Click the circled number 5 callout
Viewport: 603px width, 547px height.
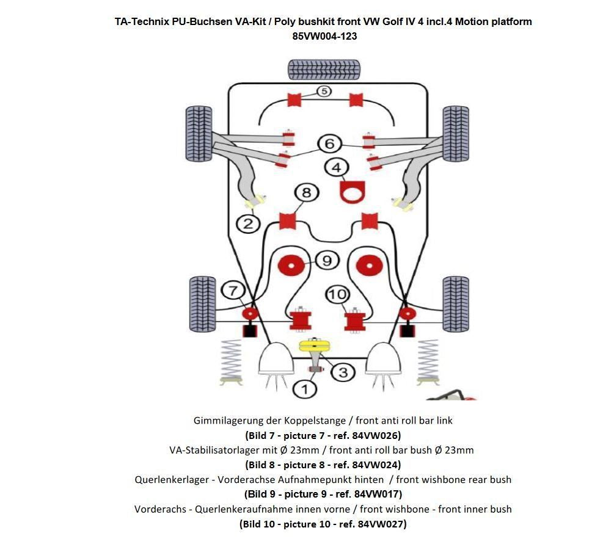(x=323, y=92)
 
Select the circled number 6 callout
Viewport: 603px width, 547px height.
(x=329, y=143)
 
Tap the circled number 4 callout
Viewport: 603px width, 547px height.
(x=337, y=167)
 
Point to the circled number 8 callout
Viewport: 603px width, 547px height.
(x=306, y=193)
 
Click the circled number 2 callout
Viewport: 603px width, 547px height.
(x=248, y=224)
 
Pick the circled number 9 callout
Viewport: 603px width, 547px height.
(x=327, y=261)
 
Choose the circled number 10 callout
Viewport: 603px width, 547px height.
(x=337, y=295)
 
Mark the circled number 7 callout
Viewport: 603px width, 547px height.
(x=233, y=291)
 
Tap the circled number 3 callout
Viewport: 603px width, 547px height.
(x=343, y=372)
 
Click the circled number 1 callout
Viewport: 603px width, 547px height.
(x=305, y=388)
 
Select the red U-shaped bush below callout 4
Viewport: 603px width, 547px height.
(x=351, y=192)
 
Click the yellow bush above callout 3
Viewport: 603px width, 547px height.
(x=315, y=346)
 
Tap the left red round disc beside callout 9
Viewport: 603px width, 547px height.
(x=291, y=265)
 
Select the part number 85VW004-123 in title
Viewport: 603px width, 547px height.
(x=324, y=36)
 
